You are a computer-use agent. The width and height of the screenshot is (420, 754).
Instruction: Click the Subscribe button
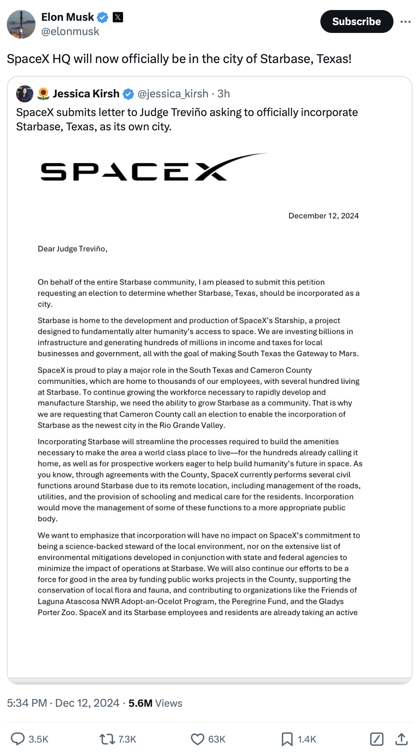tap(356, 21)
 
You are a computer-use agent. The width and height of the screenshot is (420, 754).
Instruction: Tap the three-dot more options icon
tap(405, 22)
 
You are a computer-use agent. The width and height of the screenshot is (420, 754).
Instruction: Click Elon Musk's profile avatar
tap(21, 24)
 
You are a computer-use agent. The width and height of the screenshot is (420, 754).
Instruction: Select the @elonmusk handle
tap(70, 32)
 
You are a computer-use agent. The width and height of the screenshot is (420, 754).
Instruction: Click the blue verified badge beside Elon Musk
tap(103, 17)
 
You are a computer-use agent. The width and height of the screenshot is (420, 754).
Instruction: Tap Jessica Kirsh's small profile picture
tap(25, 94)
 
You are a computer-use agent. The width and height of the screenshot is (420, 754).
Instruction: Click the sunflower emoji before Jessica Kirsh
tap(43, 94)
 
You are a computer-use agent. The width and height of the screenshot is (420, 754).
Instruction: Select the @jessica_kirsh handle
tap(173, 94)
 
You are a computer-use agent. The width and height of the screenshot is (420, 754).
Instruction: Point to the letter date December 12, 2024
tap(323, 216)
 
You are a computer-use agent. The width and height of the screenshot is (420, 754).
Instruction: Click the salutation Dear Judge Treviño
tap(72, 249)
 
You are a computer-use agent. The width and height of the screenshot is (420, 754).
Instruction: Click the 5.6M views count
tap(140, 703)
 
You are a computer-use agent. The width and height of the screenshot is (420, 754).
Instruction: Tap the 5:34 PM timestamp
tap(27, 703)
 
